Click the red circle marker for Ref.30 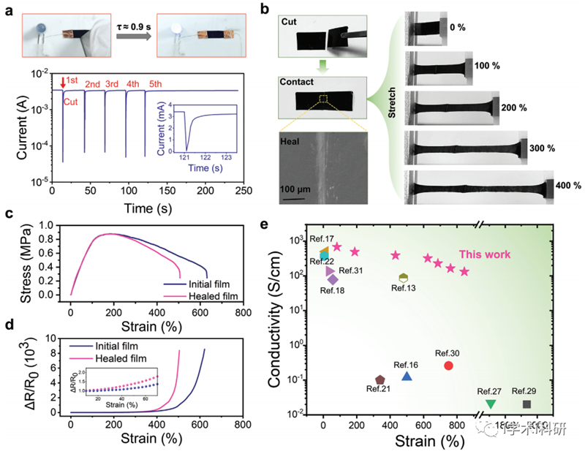[448, 366]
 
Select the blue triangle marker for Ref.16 [407, 376]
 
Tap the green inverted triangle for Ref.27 [491, 404]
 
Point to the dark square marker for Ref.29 [526, 404]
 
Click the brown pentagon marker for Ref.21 [380, 380]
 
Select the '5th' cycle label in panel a [156, 84]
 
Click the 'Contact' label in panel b [296, 83]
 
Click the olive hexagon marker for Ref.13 [403, 278]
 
